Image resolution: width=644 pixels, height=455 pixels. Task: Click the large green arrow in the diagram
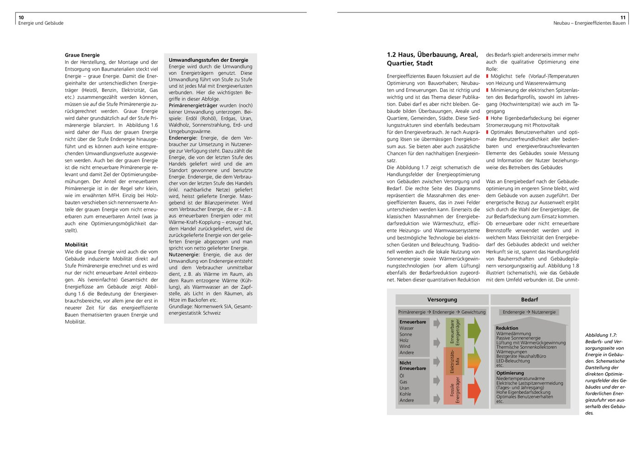point(474,330)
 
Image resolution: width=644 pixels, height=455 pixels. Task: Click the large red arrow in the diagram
point(474,391)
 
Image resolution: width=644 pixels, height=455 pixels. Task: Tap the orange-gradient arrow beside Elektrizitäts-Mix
point(474,361)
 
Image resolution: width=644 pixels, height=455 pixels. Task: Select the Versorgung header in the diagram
point(442,300)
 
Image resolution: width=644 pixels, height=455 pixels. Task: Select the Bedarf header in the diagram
point(529,300)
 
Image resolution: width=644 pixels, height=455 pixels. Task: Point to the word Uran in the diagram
point(404,388)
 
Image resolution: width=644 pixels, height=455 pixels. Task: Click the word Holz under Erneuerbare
point(404,341)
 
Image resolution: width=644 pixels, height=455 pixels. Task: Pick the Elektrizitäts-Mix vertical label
point(454,361)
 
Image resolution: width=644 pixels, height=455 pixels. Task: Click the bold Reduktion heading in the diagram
point(507,328)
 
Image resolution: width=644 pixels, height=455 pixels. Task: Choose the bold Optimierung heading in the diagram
point(510,373)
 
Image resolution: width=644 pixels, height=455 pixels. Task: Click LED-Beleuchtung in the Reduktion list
point(513,361)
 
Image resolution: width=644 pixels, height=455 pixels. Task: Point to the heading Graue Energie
point(82,55)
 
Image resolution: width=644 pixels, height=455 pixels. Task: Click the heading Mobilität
point(76,245)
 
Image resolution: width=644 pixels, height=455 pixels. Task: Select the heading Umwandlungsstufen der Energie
point(208,60)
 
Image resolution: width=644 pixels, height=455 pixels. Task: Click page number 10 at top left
point(21,17)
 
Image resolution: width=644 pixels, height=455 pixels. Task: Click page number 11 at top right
point(623,17)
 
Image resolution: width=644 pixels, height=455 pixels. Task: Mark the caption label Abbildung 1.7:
point(601,336)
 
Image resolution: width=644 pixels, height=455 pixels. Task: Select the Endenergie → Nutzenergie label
point(529,312)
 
